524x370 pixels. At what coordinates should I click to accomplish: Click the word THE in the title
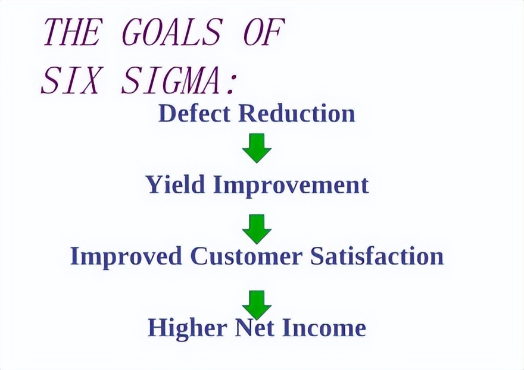tap(72, 32)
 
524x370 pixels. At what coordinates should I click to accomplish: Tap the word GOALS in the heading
tap(171, 32)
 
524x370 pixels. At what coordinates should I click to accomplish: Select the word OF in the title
tap(264, 32)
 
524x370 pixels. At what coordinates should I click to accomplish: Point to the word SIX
tap(70, 80)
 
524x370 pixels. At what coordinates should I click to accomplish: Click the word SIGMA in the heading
tap(171, 80)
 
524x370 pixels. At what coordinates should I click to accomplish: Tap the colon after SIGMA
tap(231, 83)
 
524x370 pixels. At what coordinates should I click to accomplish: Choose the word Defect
tap(195, 113)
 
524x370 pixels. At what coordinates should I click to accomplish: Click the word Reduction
tap(297, 113)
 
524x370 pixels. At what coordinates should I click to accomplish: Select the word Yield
tap(176, 184)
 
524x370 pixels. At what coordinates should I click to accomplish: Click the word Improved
tap(126, 256)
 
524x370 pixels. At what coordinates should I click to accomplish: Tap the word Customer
tap(247, 256)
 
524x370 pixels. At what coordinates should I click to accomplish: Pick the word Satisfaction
tap(377, 256)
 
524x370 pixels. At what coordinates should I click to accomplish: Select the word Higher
tap(188, 328)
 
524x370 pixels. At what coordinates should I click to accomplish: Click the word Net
tap(255, 328)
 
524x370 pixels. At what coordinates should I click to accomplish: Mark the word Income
tap(324, 328)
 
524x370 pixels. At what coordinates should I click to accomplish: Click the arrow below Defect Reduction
tap(257, 148)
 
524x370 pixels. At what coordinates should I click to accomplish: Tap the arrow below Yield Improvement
tap(257, 229)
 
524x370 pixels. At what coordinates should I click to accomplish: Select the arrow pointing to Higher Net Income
tap(257, 305)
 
